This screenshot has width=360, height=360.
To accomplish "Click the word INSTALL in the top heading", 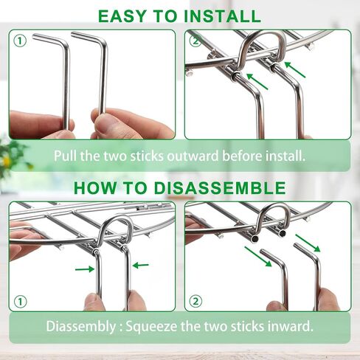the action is [222, 16].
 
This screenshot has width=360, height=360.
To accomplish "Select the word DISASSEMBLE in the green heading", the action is [220, 188].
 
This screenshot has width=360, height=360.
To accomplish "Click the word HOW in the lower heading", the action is [94, 188].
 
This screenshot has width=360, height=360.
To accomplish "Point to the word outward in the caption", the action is [193, 156].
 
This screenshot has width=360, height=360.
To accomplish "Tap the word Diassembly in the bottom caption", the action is [81, 326].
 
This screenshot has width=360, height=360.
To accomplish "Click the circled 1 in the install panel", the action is [20, 41].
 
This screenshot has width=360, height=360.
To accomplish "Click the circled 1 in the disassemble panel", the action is [20, 302].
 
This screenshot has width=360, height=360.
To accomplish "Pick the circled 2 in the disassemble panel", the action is [195, 301].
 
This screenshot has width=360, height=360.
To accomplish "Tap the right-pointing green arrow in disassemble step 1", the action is [85, 269].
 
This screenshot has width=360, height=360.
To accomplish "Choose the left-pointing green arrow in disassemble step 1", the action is [140, 265].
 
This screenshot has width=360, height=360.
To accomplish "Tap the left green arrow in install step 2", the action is [257, 81].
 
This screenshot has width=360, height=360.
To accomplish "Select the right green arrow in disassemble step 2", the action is [308, 243].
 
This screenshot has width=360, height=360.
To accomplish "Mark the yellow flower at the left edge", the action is [7, 161].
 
